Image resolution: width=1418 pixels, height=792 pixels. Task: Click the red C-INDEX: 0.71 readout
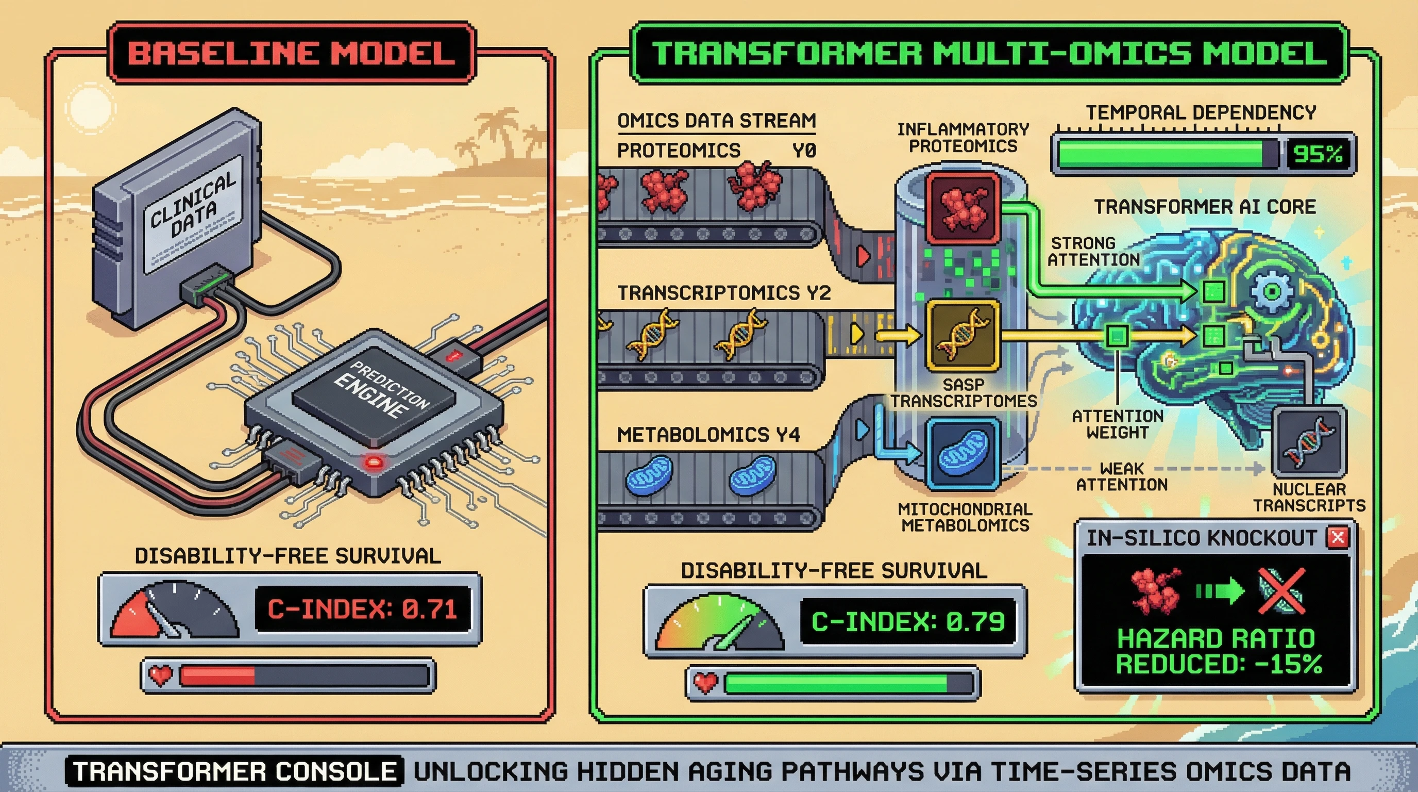(x=362, y=609)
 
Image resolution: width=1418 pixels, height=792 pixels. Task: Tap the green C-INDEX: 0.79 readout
(x=908, y=622)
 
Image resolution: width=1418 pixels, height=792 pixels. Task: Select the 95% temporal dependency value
(x=1317, y=154)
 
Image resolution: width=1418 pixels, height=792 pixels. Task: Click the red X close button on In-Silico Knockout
(x=1338, y=536)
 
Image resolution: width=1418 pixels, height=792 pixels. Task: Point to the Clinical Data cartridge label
(x=192, y=211)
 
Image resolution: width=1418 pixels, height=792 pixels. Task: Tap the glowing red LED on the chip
(x=374, y=461)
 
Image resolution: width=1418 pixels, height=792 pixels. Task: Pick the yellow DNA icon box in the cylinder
(x=963, y=334)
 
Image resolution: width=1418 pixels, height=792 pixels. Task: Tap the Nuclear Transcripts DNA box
(x=1308, y=441)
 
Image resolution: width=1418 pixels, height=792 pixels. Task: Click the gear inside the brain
(x=1271, y=291)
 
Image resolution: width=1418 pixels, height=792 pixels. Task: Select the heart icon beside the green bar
(x=705, y=684)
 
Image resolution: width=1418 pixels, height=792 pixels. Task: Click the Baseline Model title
(x=291, y=53)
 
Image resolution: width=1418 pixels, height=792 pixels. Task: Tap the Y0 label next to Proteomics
(x=804, y=151)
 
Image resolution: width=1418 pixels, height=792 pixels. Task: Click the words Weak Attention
(x=1121, y=476)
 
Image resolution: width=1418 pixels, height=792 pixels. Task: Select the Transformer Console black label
(x=234, y=771)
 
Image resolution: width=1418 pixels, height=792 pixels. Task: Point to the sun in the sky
(x=88, y=106)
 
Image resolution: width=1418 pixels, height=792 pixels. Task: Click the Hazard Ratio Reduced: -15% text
(x=1218, y=651)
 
